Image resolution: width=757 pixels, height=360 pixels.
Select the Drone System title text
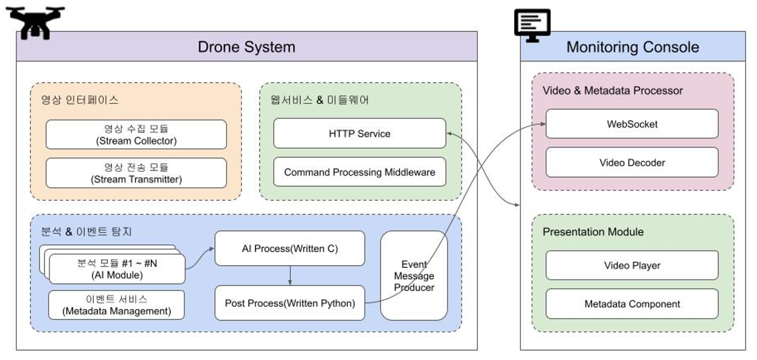[246, 46]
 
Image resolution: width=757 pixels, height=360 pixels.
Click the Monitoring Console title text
[632, 47]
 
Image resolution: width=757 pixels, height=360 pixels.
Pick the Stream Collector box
[136, 135]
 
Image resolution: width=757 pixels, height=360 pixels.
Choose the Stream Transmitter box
[136, 173]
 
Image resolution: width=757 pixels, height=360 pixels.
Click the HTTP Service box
[359, 134]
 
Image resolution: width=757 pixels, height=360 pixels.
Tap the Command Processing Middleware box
[359, 172]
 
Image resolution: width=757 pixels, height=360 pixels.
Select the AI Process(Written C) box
[290, 248]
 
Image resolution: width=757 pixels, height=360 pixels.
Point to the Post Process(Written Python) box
[290, 303]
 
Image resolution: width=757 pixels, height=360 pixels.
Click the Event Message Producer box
[414, 276]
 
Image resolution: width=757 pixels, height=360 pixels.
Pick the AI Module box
[117, 269]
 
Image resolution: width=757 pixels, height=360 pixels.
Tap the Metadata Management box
[116, 305]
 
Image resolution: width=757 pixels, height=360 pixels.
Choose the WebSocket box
[632, 124]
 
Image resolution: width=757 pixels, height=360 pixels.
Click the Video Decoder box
[632, 163]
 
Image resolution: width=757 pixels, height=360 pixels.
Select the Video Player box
[632, 266]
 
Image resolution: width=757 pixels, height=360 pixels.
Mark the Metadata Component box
[632, 304]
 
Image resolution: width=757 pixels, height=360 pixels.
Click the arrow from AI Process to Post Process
[290, 275]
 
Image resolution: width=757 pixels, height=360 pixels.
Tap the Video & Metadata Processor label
[612, 91]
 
